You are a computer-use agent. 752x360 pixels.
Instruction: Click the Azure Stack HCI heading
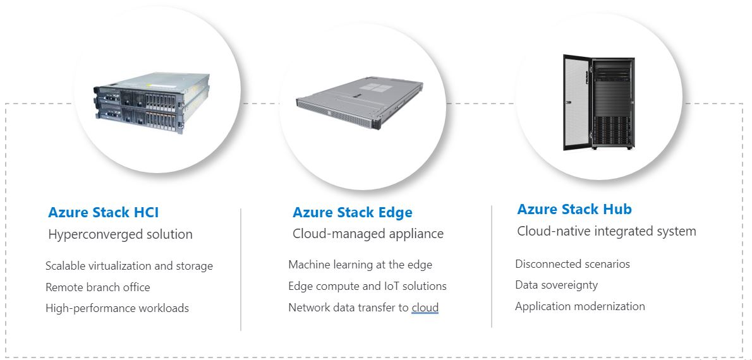pyautogui.click(x=103, y=212)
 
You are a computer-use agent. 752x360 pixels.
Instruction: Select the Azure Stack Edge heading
pyautogui.click(x=353, y=212)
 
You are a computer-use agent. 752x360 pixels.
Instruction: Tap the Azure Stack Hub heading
pyautogui.click(x=574, y=210)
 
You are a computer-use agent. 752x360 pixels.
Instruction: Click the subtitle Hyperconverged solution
pyautogui.click(x=120, y=234)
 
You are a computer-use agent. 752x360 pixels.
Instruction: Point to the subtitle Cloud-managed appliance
pyautogui.click(x=368, y=234)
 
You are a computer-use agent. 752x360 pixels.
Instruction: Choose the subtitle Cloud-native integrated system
pyautogui.click(x=606, y=231)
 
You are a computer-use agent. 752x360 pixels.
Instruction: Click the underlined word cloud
pyautogui.click(x=425, y=308)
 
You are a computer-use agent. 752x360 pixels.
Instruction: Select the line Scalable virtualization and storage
pyautogui.click(x=129, y=266)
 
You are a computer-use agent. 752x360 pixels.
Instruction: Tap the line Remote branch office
pyautogui.click(x=98, y=287)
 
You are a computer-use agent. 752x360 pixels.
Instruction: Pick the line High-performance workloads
pyautogui.click(x=117, y=308)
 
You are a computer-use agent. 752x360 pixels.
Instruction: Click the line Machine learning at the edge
pyautogui.click(x=360, y=265)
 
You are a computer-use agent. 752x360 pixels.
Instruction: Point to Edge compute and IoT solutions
pyautogui.click(x=367, y=286)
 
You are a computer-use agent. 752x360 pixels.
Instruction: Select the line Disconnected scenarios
pyautogui.click(x=573, y=263)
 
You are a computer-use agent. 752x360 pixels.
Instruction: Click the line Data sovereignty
pyautogui.click(x=556, y=285)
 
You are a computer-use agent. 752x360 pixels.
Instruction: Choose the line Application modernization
pyautogui.click(x=580, y=306)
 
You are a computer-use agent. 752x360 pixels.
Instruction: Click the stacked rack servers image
pyautogui.click(x=152, y=103)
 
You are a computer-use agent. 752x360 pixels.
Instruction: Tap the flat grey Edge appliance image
pyautogui.click(x=360, y=104)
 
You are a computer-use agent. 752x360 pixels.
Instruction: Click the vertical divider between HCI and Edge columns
pyautogui.click(x=241, y=270)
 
